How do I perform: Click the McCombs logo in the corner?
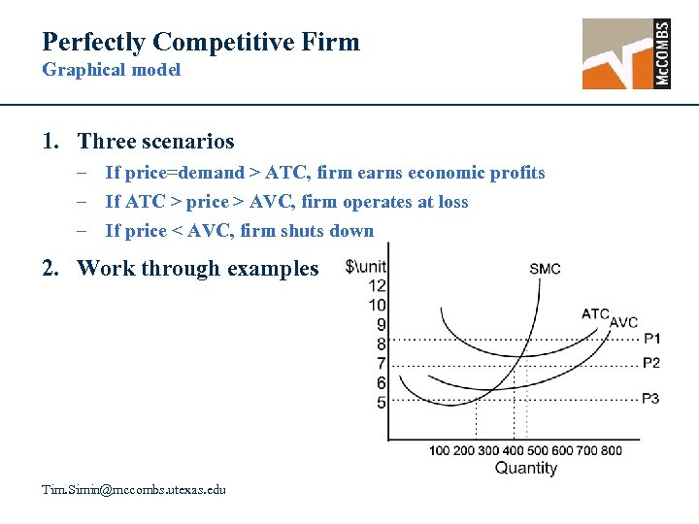(x=626, y=53)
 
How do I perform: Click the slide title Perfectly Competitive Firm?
(x=201, y=42)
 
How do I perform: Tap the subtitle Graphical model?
(x=112, y=70)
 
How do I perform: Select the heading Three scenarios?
(x=155, y=142)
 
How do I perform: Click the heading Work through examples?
(x=197, y=268)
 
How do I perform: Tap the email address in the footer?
(x=134, y=489)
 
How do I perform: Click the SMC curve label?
(x=545, y=269)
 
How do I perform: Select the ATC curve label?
(x=595, y=313)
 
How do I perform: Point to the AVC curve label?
(x=624, y=322)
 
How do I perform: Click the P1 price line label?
(x=651, y=339)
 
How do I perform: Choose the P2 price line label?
(x=651, y=362)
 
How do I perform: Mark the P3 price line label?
(x=651, y=398)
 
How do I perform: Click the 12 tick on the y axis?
(x=378, y=285)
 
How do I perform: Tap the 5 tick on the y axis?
(x=381, y=403)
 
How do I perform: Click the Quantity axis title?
(x=526, y=469)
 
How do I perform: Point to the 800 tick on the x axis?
(x=612, y=450)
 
